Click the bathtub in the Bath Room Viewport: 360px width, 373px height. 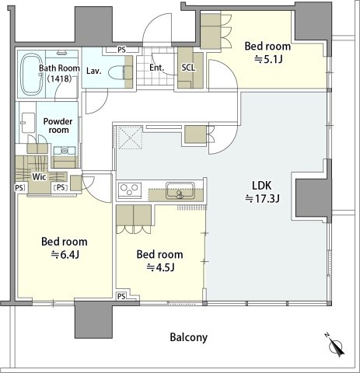[32, 75]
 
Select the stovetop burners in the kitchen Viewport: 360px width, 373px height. [130, 190]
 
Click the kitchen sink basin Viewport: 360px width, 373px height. [180, 190]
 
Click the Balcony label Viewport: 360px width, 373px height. [189, 337]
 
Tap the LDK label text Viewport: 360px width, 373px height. [262, 186]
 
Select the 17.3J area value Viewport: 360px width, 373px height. [262, 199]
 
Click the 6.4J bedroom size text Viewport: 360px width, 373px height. [65, 255]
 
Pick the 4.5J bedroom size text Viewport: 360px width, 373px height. [160, 267]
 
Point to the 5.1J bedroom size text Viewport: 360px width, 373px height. [268, 60]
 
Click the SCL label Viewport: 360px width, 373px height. [188, 68]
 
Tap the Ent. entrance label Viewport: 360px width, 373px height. [157, 68]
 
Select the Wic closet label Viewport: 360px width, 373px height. [39, 177]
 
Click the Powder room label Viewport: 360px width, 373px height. [58, 125]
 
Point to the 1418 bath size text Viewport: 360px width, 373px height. [59, 78]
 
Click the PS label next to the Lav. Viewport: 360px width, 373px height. [121, 50]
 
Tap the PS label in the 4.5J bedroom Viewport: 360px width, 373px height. [121, 296]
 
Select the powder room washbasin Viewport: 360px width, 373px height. [65, 151]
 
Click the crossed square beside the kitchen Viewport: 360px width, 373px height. [130, 138]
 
